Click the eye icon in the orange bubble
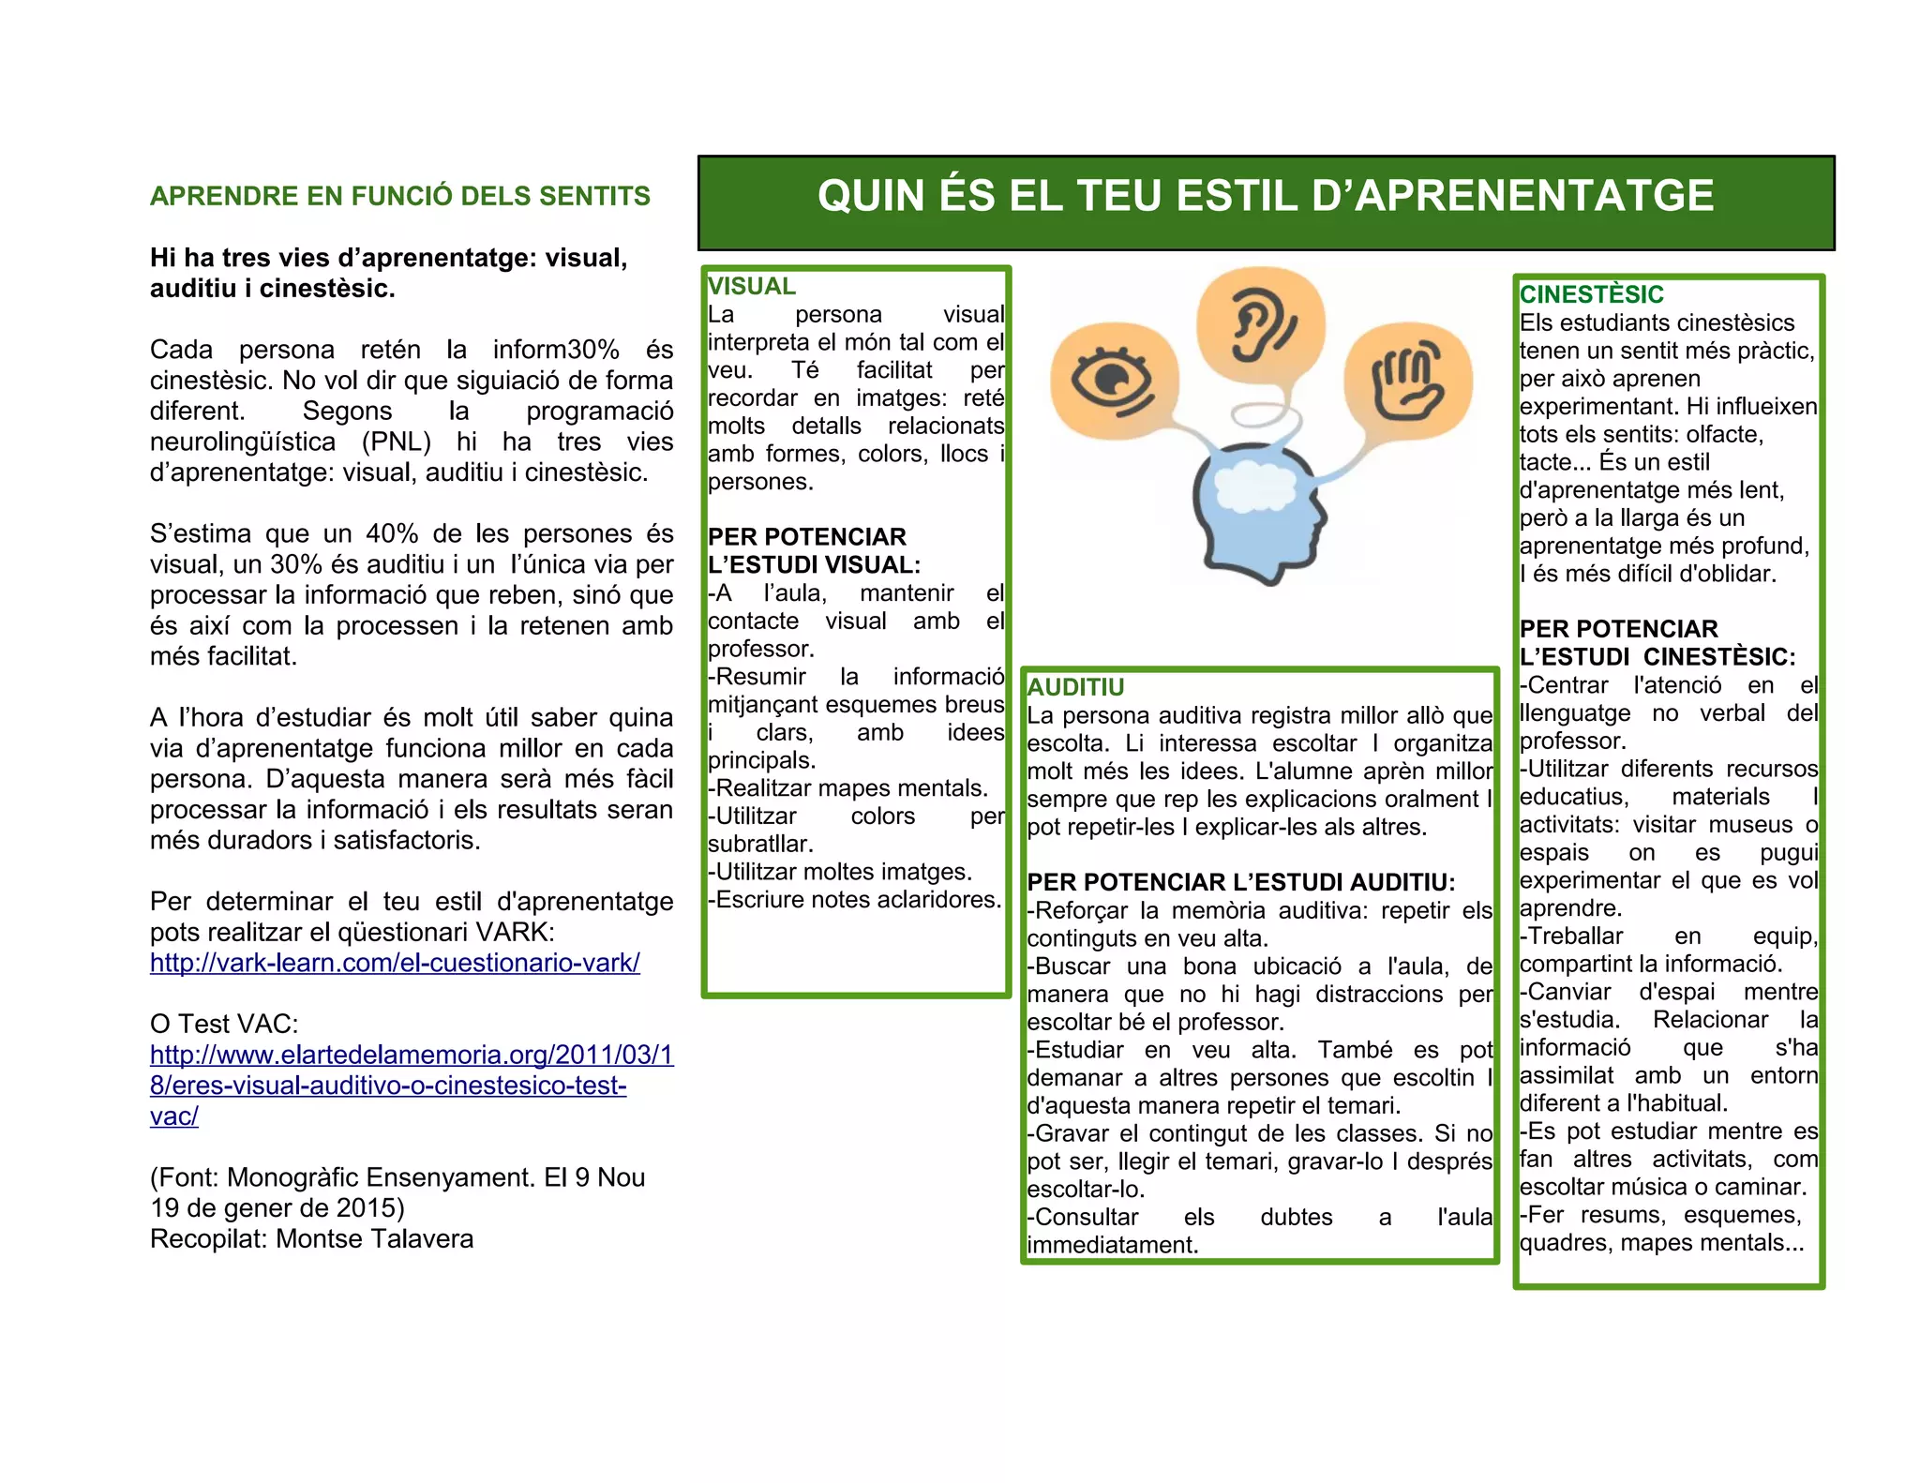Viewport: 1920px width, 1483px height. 1113,380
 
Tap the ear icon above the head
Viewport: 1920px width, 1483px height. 1261,324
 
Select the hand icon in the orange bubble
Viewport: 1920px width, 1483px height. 1407,380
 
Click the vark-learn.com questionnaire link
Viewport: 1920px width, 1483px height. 395,963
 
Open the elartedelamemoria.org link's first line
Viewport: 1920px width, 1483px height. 412,1055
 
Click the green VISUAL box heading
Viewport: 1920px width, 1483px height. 751,286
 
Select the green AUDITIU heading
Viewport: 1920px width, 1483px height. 1075,687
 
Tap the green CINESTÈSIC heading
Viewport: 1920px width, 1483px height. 1591,294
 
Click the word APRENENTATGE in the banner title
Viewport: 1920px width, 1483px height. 1535,196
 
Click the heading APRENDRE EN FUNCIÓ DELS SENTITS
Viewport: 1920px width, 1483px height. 400,196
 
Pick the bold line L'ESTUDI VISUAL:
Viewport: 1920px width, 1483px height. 814,564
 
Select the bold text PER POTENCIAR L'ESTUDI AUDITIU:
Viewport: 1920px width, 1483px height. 1240,882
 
